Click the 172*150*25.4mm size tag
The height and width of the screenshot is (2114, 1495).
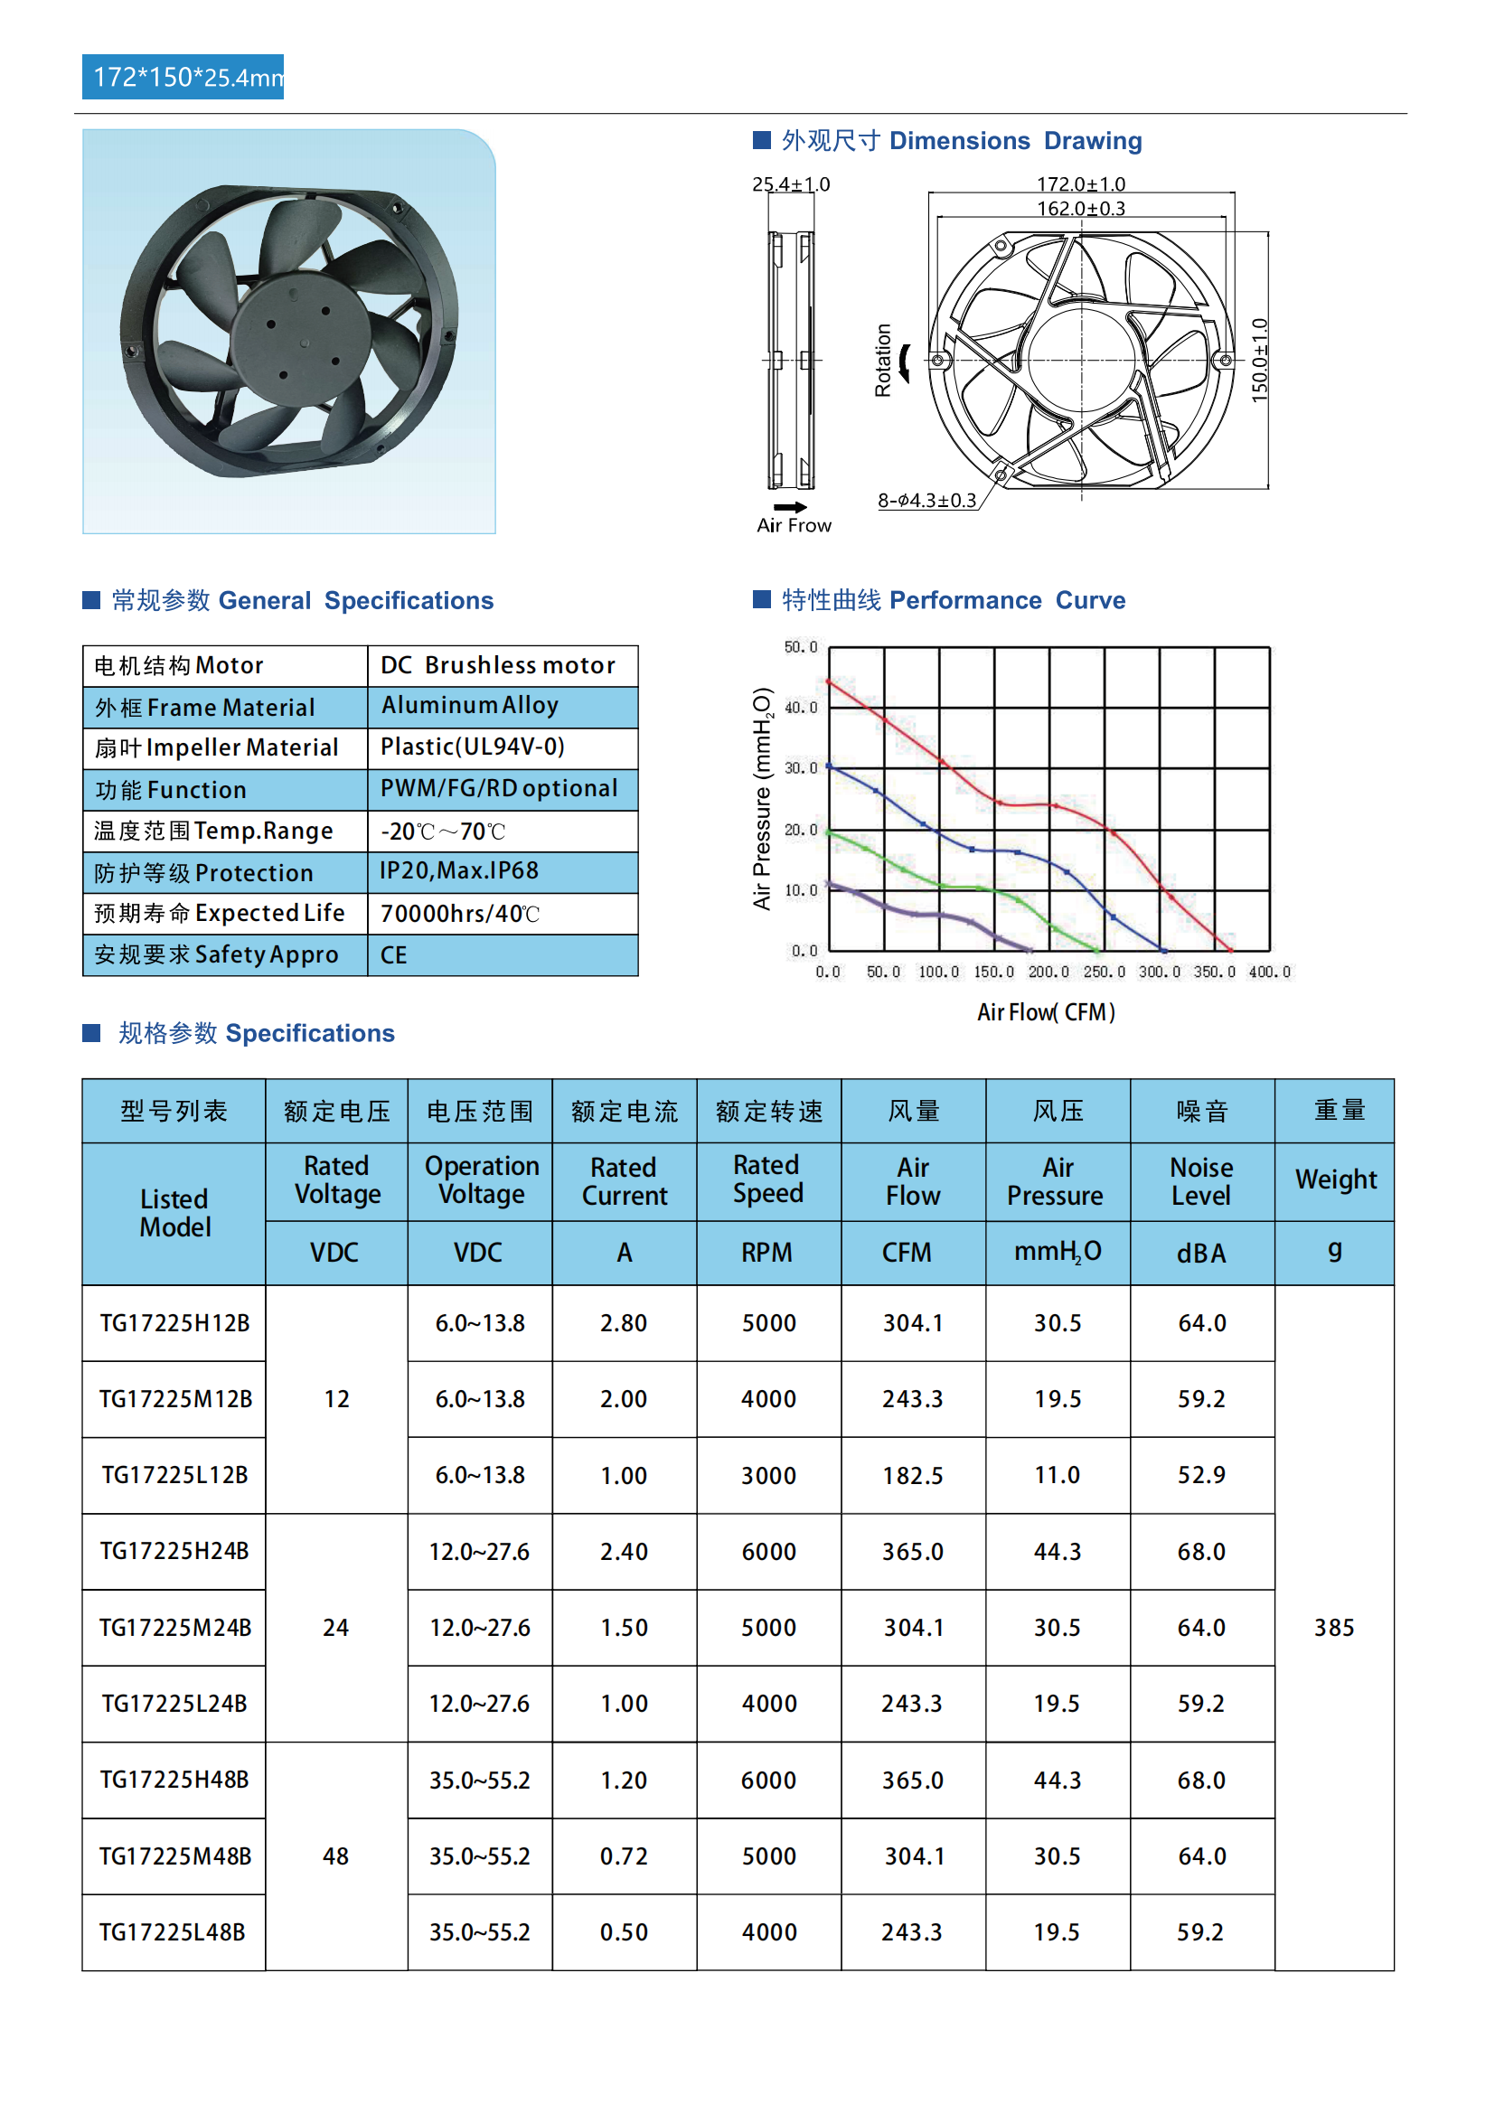(183, 78)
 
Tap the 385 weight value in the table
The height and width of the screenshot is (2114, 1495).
(1333, 1628)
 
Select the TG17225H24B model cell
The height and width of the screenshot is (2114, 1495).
(174, 1552)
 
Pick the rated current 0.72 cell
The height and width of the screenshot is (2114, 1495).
(624, 1856)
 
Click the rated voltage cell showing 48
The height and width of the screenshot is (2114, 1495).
(336, 1856)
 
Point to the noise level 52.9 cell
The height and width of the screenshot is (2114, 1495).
(1201, 1475)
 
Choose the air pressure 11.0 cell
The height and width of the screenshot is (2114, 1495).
(1057, 1475)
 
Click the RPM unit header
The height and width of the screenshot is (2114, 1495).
(766, 1252)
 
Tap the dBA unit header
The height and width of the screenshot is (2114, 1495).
(1201, 1253)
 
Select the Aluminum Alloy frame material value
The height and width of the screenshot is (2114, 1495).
(470, 705)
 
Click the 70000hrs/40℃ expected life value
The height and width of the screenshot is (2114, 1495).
(460, 914)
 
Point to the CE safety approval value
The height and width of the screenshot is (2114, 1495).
(394, 954)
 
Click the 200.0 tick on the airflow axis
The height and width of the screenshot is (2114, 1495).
(1048, 972)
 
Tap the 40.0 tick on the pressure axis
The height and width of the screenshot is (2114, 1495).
(800, 707)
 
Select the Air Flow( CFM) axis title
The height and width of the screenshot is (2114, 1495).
(1046, 1013)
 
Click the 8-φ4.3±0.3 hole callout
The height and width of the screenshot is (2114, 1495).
(926, 500)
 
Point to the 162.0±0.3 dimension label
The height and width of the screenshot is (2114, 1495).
(1081, 209)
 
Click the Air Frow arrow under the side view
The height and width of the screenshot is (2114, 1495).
(790, 507)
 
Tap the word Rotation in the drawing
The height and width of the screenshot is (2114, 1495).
(883, 360)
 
